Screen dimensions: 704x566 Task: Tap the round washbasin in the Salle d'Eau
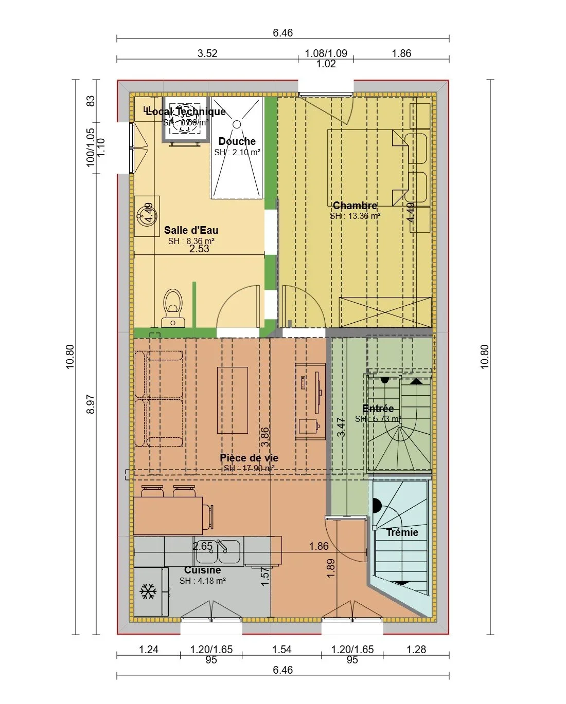144,215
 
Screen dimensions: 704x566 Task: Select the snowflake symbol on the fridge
149,591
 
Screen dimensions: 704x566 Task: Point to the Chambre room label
355,206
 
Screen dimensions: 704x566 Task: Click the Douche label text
237,141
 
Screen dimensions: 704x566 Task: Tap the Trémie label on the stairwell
402,532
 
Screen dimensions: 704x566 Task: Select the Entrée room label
378,409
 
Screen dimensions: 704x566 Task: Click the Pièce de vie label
249,458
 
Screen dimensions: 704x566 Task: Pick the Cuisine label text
203,570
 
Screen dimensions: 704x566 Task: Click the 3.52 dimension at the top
207,53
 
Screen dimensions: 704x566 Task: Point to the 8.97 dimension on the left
91,404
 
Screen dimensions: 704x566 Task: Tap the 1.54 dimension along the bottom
282,650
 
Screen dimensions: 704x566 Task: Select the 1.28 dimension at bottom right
416,650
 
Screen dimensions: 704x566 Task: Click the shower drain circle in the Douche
237,124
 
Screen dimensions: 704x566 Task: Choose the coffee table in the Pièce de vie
233,400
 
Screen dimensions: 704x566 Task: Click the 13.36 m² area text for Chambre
355,216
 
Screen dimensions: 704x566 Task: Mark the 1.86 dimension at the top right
401,53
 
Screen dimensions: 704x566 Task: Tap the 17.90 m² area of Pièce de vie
249,468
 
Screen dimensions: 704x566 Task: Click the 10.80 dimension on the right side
485,357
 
